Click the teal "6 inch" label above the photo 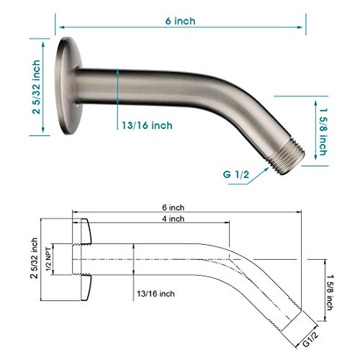pos(180,21)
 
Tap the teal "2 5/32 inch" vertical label pos(36,87)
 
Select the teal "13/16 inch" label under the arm pos(147,125)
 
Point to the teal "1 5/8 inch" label pos(323,132)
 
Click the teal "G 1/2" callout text pos(236,174)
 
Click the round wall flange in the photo pos(68,86)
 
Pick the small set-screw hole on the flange pos(77,105)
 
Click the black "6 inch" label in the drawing pos(173,207)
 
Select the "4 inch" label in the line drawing pos(173,219)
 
